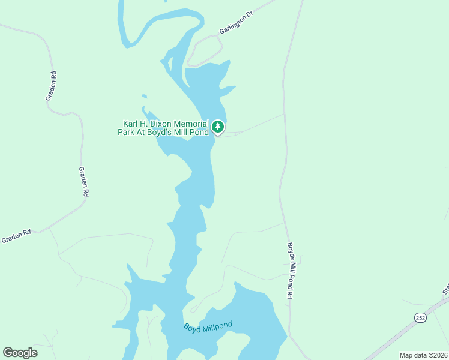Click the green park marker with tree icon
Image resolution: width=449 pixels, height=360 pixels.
(x=218, y=127)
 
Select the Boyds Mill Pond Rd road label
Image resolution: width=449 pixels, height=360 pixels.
(x=290, y=271)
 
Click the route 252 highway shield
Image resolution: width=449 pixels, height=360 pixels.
(x=421, y=317)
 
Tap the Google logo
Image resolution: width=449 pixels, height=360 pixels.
(x=20, y=353)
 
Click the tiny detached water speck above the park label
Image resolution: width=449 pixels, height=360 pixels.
(x=144, y=96)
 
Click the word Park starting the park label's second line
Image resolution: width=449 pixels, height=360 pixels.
(x=127, y=132)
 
